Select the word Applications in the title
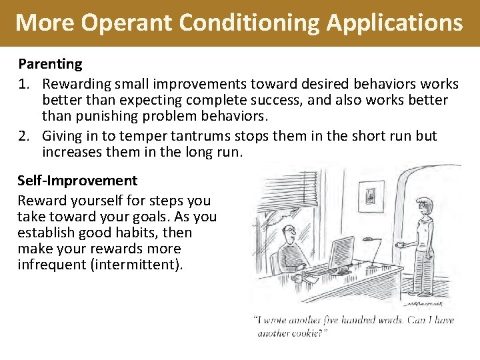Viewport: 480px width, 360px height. [394, 23]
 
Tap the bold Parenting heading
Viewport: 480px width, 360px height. [50, 65]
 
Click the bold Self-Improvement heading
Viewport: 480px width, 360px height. [77, 180]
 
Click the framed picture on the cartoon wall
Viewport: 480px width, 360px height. [371, 195]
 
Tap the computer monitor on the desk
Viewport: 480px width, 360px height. [341, 251]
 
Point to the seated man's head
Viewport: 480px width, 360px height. [289, 233]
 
